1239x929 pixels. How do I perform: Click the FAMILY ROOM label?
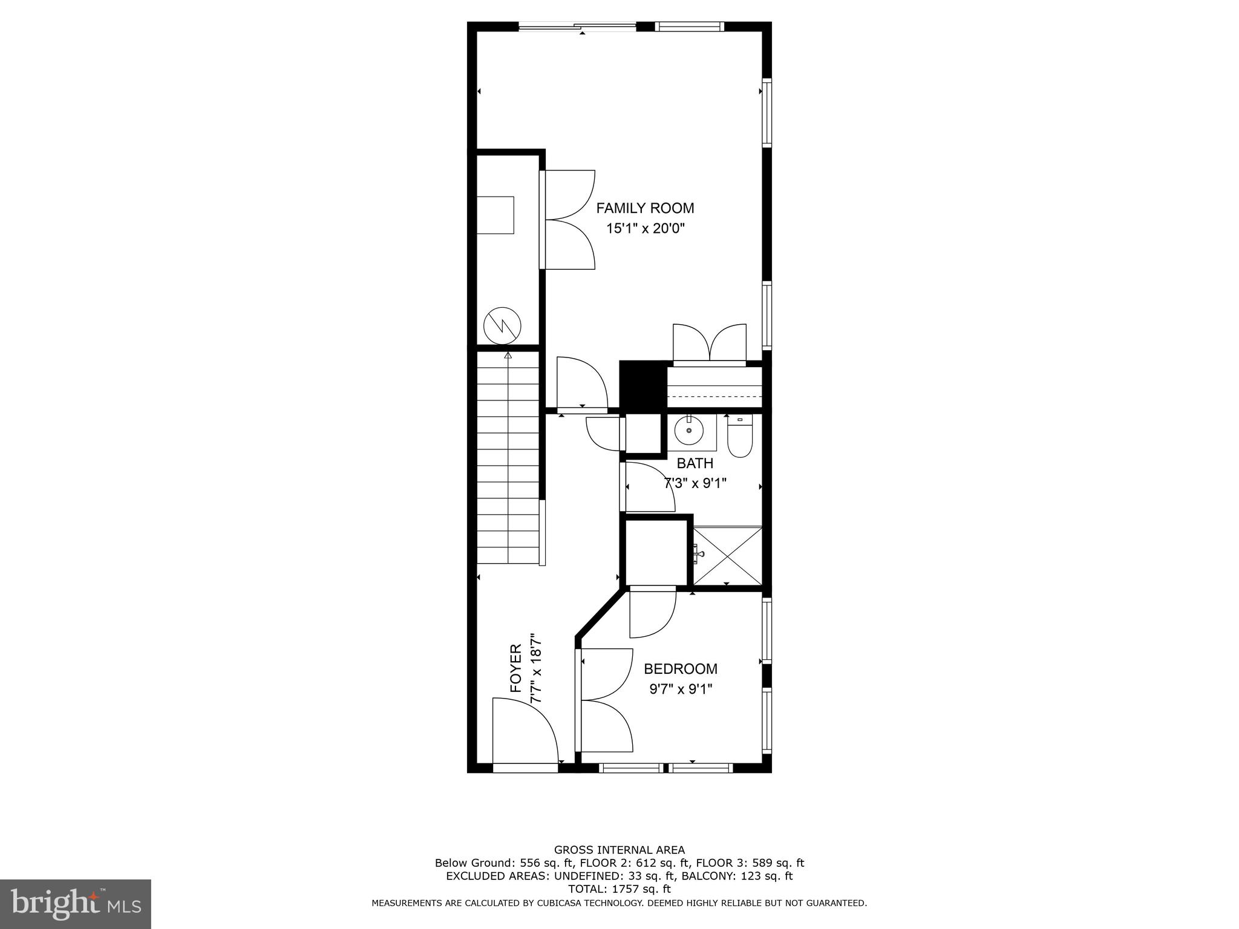tap(645, 208)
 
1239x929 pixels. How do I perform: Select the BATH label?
tap(695, 463)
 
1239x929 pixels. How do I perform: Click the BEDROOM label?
tap(681, 669)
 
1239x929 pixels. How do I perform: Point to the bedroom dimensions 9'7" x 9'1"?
tap(681, 689)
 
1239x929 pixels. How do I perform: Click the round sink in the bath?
tap(689, 430)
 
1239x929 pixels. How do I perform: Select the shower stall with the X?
tap(727, 556)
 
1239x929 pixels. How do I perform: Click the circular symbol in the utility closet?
tap(502, 326)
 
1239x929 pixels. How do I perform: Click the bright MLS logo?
tap(76, 904)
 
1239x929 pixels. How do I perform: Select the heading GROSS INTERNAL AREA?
tap(619, 850)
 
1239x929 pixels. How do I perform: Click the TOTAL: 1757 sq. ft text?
tap(619, 889)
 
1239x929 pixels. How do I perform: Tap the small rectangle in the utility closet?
tap(495, 215)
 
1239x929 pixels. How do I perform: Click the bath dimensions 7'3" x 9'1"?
tap(695, 484)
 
